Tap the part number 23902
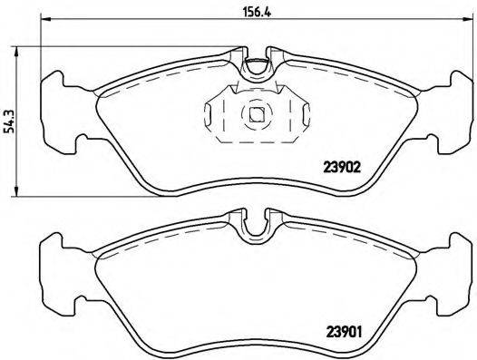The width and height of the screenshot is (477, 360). click(x=344, y=167)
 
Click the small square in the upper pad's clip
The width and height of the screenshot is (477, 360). click(x=257, y=115)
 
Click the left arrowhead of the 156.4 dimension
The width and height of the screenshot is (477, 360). click(x=44, y=24)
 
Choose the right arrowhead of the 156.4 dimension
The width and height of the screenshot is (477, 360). click(x=470, y=24)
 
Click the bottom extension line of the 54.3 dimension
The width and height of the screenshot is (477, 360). click(x=91, y=193)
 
